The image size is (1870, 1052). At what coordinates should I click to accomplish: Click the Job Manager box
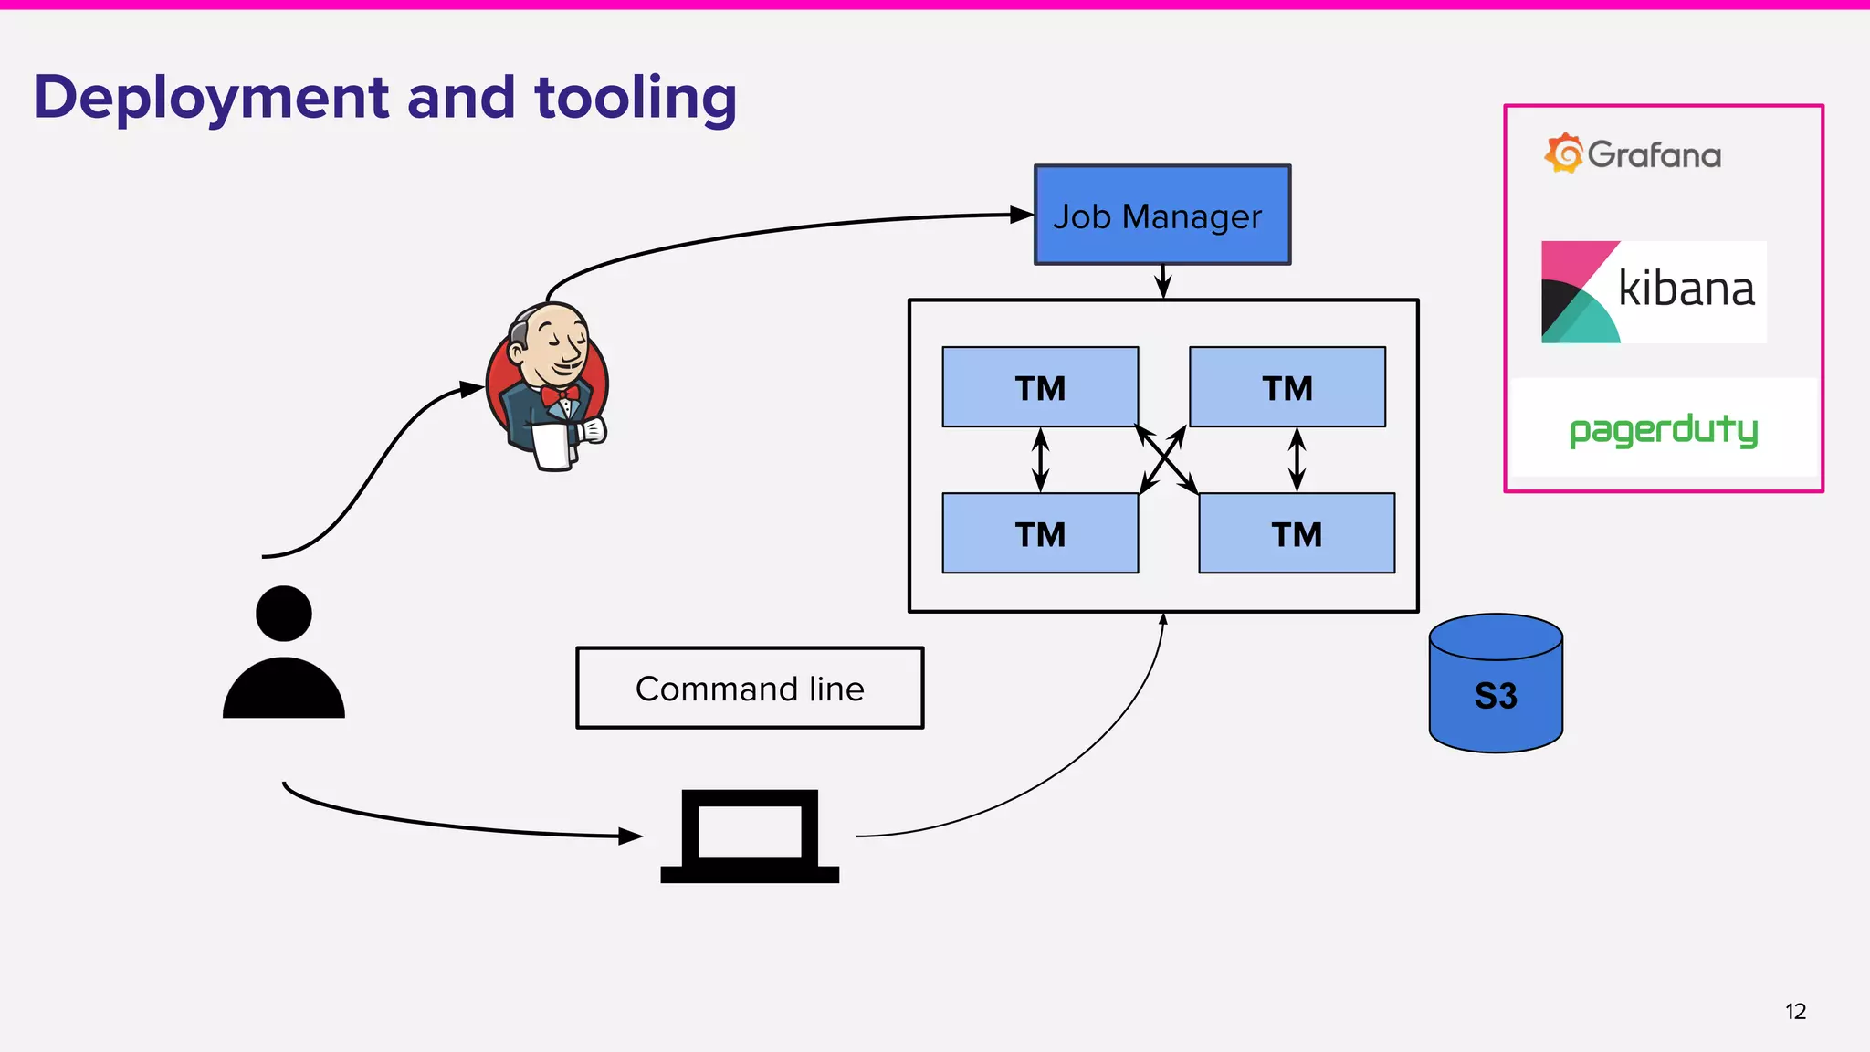point(1161,216)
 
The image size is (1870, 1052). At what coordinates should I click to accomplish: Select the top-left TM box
point(1040,387)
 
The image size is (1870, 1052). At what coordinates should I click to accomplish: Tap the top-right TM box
point(1287,387)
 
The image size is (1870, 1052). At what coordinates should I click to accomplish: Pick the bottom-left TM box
point(1040,533)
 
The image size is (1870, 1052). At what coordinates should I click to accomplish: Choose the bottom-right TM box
point(1297,533)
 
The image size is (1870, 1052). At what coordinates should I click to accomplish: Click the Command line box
point(750,689)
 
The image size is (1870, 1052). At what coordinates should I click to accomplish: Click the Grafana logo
point(1633,153)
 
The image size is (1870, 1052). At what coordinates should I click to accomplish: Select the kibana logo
point(1654,291)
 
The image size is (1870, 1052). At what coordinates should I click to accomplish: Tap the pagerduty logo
point(1663,429)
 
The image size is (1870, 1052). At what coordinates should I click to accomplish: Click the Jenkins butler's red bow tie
point(559,395)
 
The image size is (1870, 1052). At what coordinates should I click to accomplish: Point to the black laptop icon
point(750,836)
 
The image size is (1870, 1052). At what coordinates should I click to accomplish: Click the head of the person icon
point(284,614)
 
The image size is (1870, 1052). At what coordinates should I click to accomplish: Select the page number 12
point(1795,1012)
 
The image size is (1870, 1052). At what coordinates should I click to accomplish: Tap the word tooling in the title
point(636,99)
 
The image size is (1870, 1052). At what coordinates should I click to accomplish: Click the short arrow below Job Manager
point(1162,281)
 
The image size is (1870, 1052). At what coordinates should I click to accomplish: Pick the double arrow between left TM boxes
point(1040,460)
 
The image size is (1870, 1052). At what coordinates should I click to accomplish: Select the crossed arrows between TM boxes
point(1166,460)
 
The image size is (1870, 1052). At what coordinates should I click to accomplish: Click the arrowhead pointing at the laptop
point(630,836)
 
